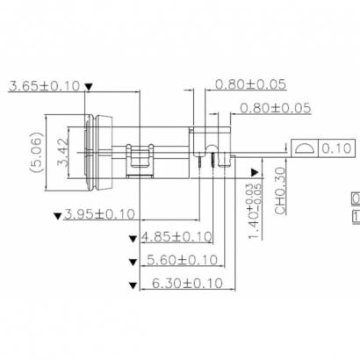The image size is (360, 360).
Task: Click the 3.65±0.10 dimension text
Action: coord(44,86)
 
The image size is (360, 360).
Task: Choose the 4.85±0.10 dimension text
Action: coord(178,237)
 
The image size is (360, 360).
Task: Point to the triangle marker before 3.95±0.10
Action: coord(58,215)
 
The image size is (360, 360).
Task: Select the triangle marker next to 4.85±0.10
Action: coord(133,238)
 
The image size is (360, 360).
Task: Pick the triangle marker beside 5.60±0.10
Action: coord(133,261)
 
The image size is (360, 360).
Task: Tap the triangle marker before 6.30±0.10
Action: coord(133,284)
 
